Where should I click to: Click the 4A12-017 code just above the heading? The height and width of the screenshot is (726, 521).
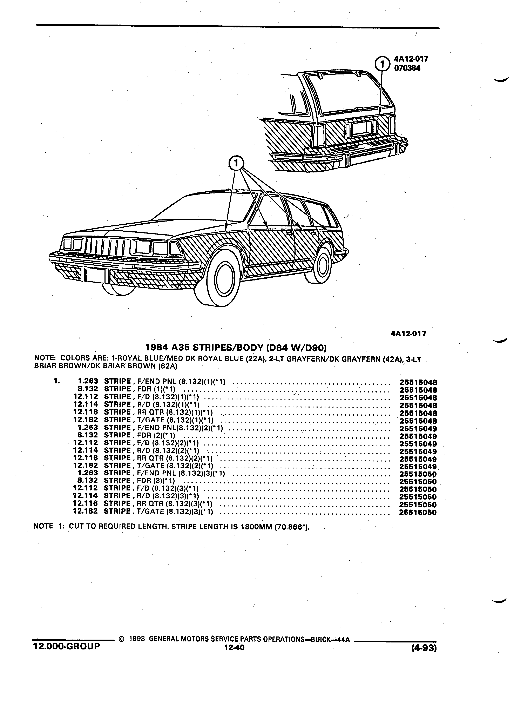(x=408, y=334)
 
